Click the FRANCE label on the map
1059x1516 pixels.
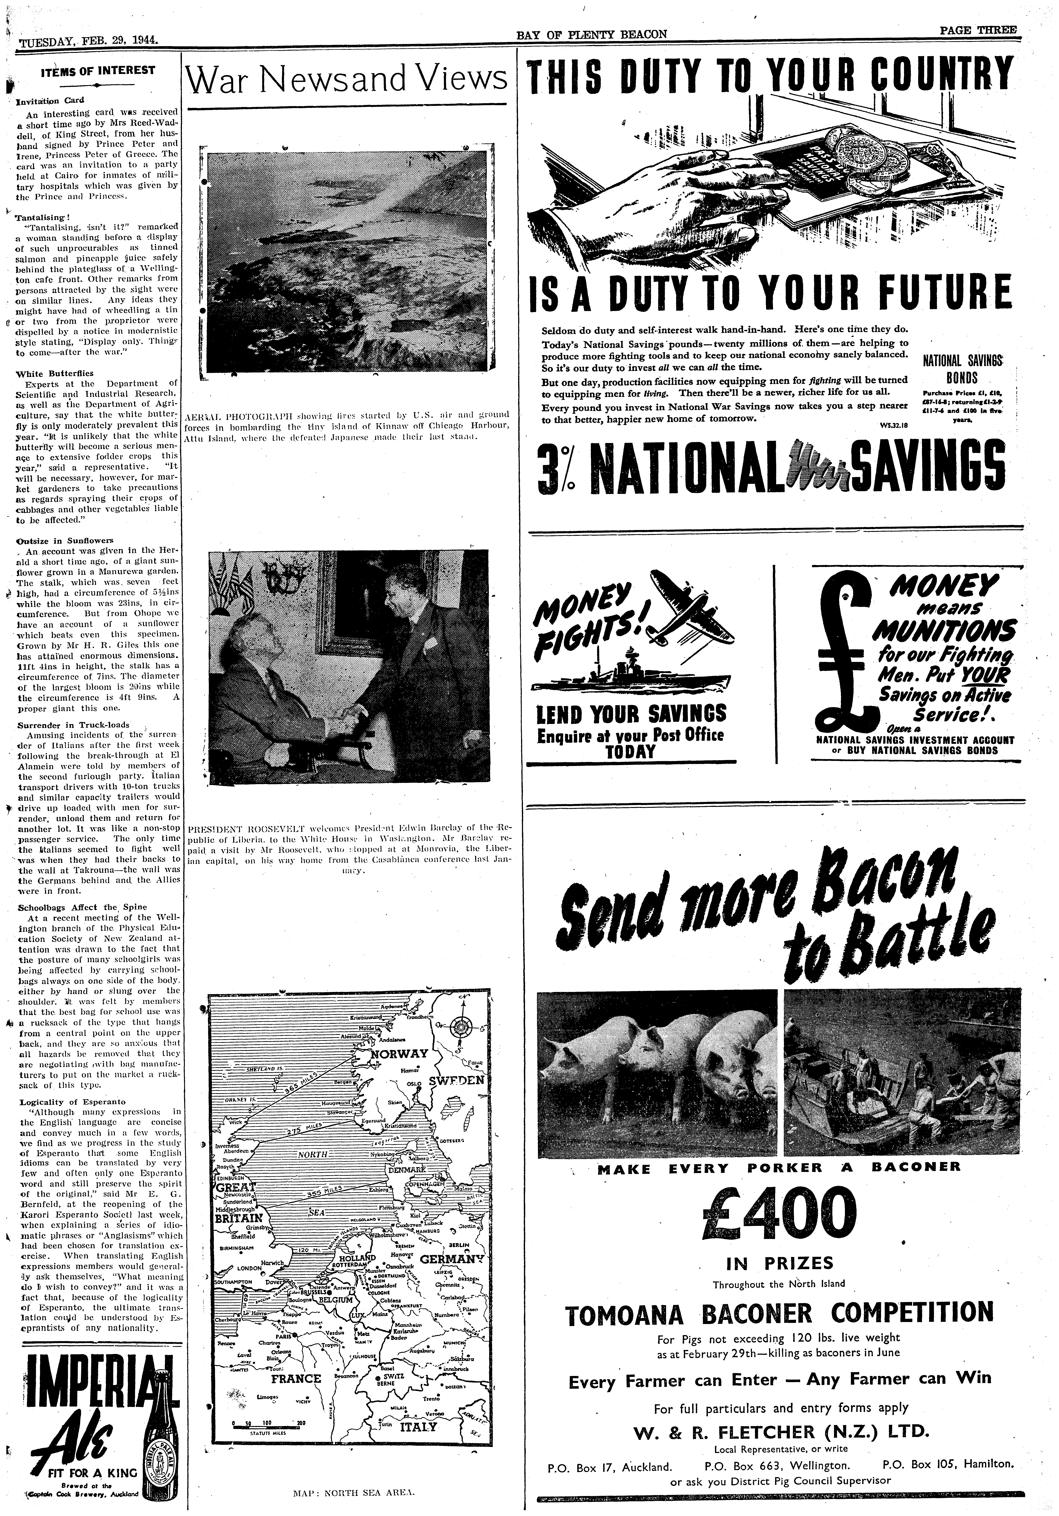(296, 1375)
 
